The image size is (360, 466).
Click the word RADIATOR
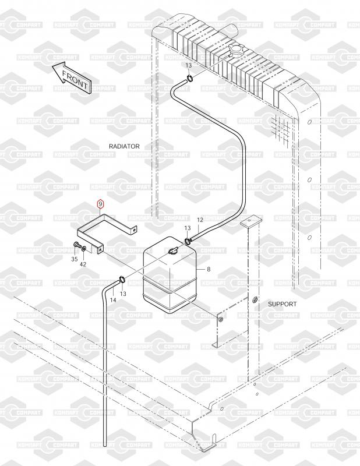point(124,146)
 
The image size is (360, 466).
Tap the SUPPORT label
point(282,304)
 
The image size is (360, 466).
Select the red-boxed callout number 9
point(100,204)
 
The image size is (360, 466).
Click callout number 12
point(200,220)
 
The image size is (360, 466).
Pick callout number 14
point(113,299)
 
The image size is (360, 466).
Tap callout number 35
point(75,258)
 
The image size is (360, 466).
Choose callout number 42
point(83,264)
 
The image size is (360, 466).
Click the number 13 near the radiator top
point(188,65)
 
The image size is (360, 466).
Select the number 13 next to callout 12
point(188,228)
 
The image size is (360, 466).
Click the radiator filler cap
point(238,51)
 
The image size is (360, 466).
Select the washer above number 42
point(86,249)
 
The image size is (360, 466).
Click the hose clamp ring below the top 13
point(190,79)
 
